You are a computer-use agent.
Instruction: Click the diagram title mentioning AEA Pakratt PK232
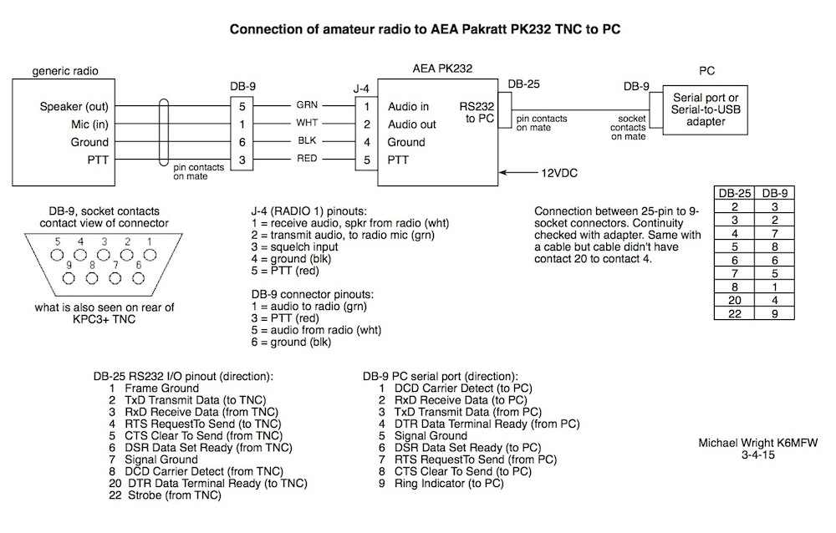click(x=425, y=29)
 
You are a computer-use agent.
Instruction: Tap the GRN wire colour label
click(x=305, y=106)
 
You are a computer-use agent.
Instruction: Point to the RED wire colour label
click(x=305, y=159)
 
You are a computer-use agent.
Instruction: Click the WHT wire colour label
click(x=305, y=124)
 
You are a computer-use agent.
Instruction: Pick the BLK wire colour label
click(x=305, y=141)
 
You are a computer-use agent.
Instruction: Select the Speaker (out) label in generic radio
click(x=74, y=108)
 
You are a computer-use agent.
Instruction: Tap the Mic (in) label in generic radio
click(x=92, y=124)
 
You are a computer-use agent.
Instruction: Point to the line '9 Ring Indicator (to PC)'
click(x=441, y=483)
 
